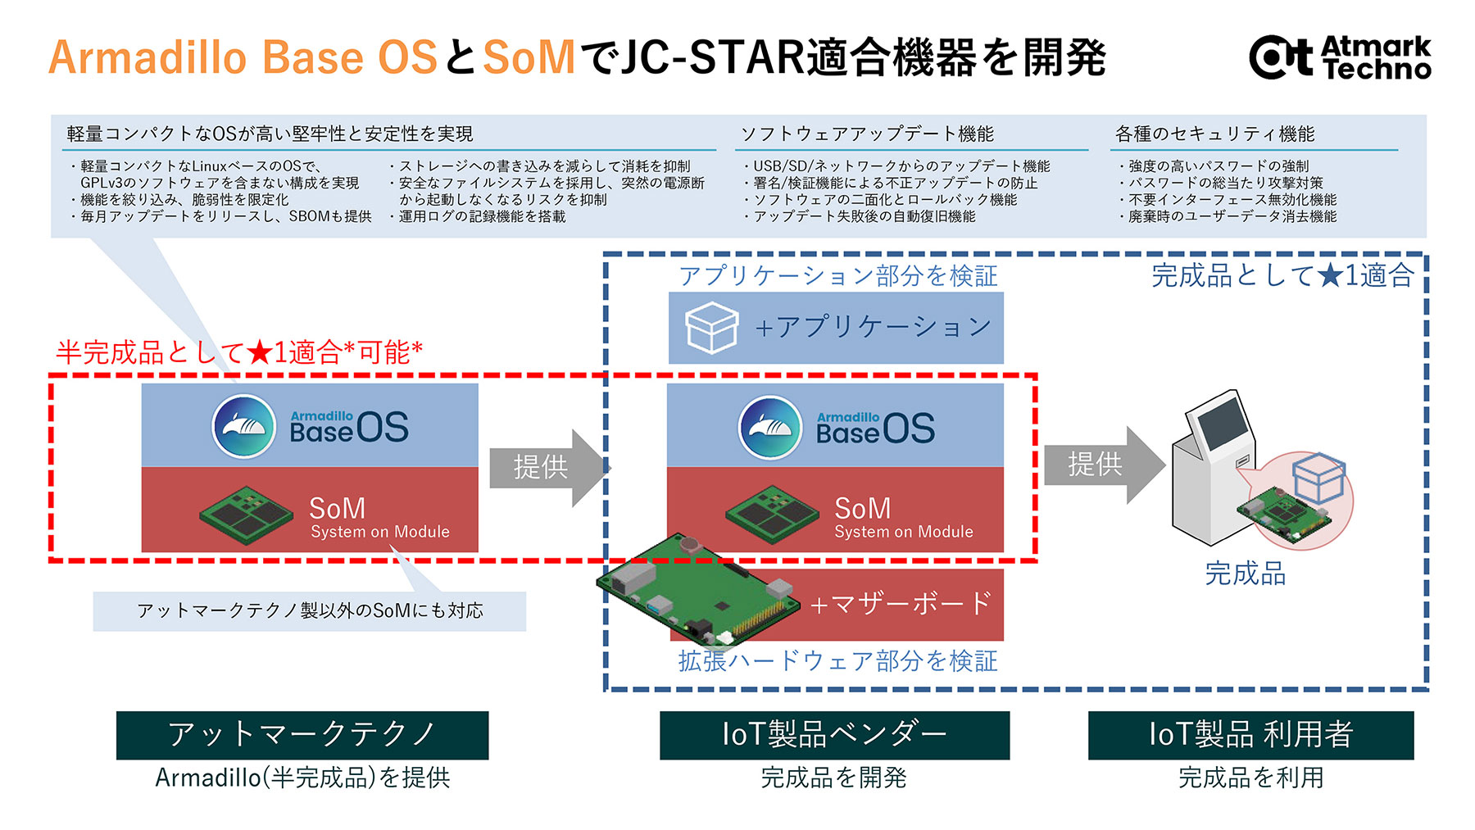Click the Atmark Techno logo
(x=1340, y=57)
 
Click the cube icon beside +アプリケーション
(x=710, y=328)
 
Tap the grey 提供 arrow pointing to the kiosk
(x=1102, y=465)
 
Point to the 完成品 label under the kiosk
(x=1245, y=574)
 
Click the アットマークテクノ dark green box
(x=302, y=734)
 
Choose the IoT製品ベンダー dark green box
(x=834, y=734)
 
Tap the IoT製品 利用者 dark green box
(x=1250, y=734)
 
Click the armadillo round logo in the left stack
(x=244, y=427)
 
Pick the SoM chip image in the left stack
(x=246, y=514)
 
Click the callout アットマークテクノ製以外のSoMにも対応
(x=310, y=611)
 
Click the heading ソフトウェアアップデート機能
(x=867, y=134)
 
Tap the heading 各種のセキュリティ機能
(x=1214, y=134)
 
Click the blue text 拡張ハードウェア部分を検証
(x=837, y=661)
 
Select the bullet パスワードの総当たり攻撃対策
(x=1225, y=183)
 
